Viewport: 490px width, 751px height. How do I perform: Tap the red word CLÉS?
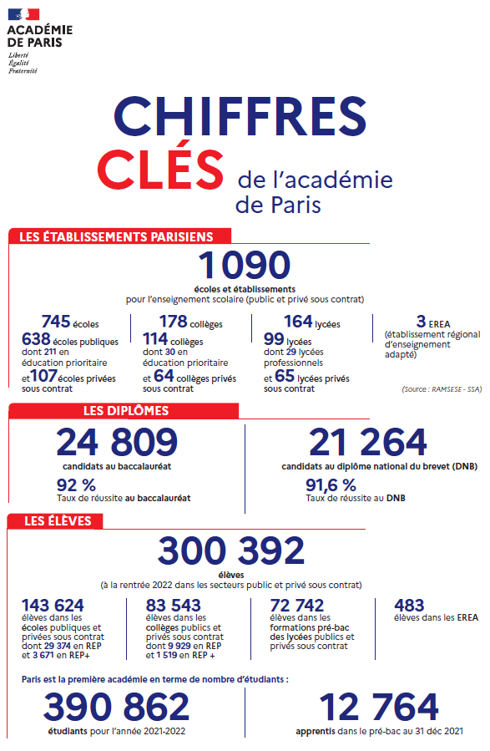[x=160, y=165]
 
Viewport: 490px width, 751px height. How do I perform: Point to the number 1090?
[x=244, y=266]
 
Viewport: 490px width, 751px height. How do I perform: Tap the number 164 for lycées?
[x=298, y=322]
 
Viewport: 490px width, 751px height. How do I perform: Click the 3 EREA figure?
[x=420, y=322]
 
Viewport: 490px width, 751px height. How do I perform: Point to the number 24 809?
[x=117, y=443]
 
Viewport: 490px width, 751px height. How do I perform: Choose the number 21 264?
[x=368, y=443]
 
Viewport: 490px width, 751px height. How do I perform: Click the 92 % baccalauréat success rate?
[x=76, y=485]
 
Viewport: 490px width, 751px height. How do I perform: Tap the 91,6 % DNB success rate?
[x=331, y=485]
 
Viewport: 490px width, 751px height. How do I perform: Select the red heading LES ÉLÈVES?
[x=57, y=521]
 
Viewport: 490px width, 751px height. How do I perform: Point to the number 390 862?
[x=116, y=707]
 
